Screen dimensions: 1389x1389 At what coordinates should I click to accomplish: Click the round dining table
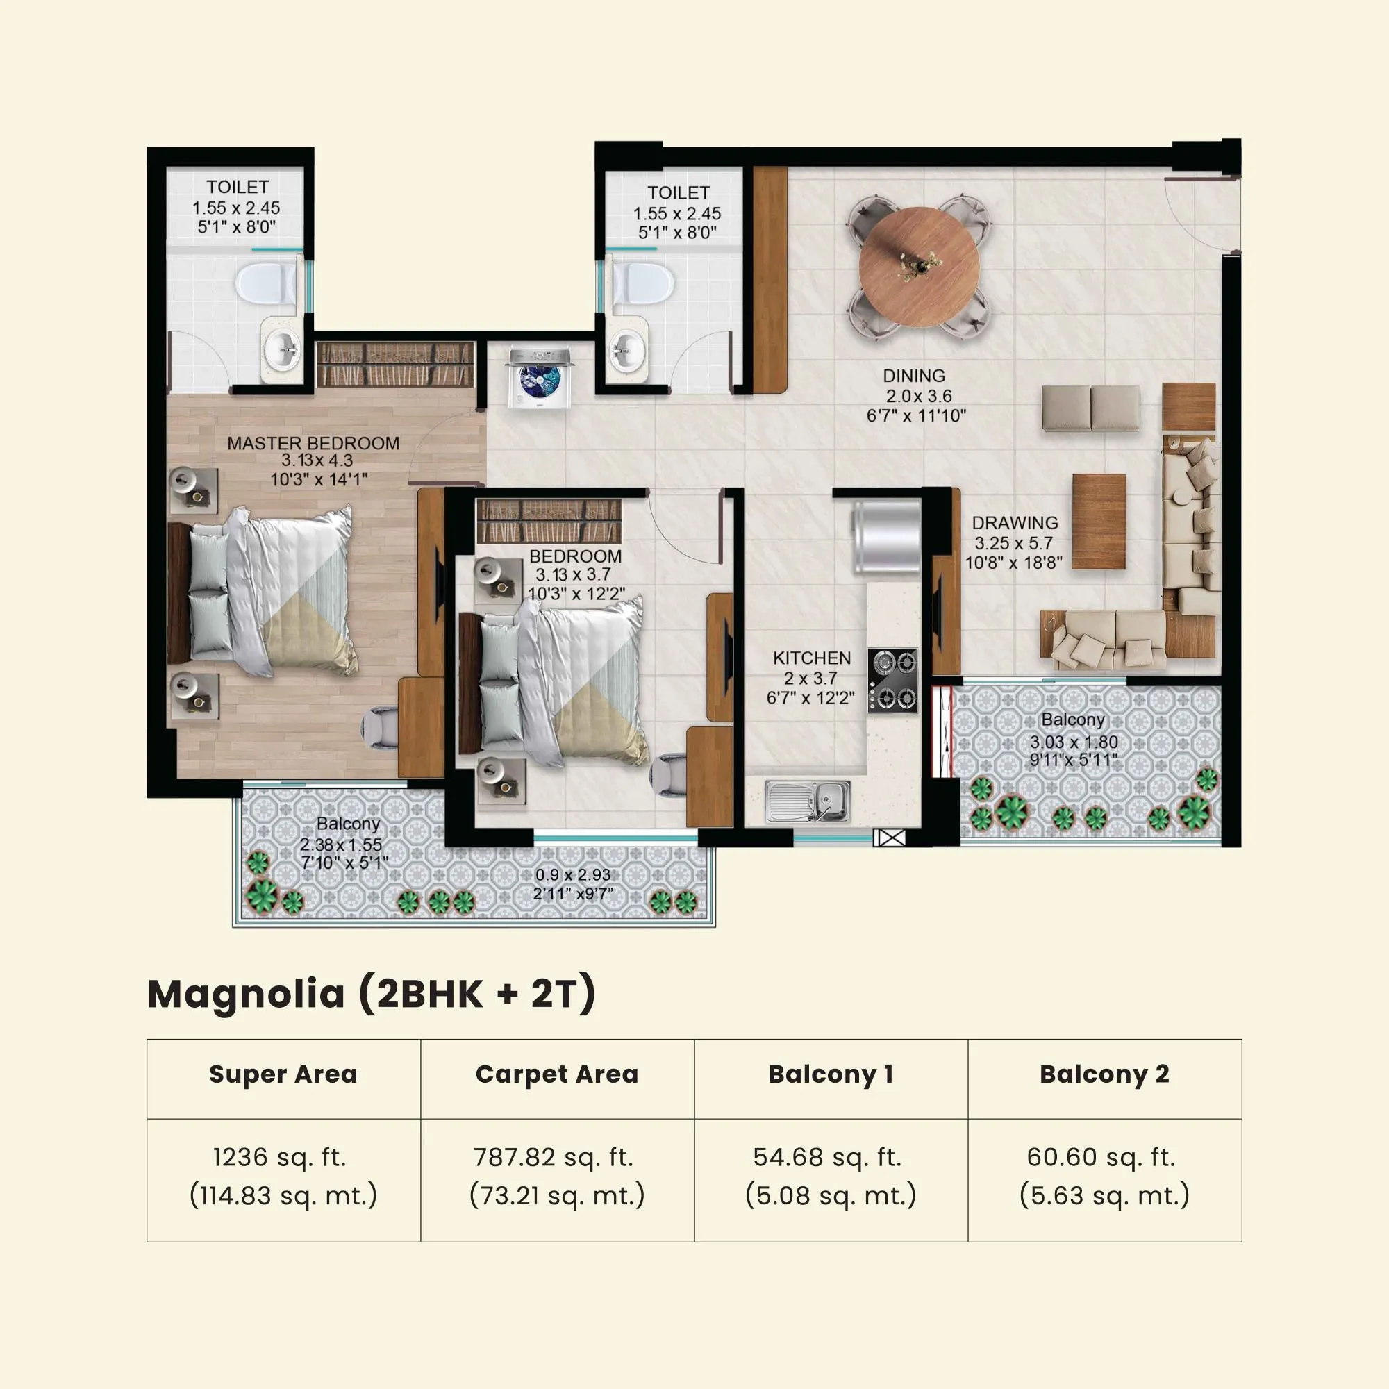(919, 267)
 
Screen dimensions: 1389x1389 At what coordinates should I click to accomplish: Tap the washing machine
(539, 379)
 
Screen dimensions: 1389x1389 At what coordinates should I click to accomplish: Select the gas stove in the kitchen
(892, 679)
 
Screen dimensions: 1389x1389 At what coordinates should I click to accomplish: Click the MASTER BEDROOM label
(313, 444)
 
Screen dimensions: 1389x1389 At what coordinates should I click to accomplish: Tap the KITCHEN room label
(812, 658)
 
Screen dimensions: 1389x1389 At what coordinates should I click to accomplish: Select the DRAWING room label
(1015, 523)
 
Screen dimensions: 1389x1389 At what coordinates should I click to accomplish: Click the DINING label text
(914, 375)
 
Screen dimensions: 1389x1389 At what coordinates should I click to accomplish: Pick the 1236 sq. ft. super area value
(280, 1157)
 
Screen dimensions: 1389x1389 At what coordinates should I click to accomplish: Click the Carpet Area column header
(556, 1074)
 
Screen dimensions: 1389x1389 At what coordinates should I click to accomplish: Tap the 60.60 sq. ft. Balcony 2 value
(1101, 1157)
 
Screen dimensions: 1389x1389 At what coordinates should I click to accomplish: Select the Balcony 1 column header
(831, 1074)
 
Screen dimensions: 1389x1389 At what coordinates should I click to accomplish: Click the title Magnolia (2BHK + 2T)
(372, 994)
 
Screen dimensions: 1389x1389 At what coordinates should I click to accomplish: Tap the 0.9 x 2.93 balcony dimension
(573, 875)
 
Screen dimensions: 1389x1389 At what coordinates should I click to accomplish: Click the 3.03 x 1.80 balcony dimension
(1074, 742)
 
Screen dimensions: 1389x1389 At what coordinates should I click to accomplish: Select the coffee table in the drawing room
(1099, 522)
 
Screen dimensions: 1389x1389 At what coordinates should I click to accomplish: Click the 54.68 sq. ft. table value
(826, 1157)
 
